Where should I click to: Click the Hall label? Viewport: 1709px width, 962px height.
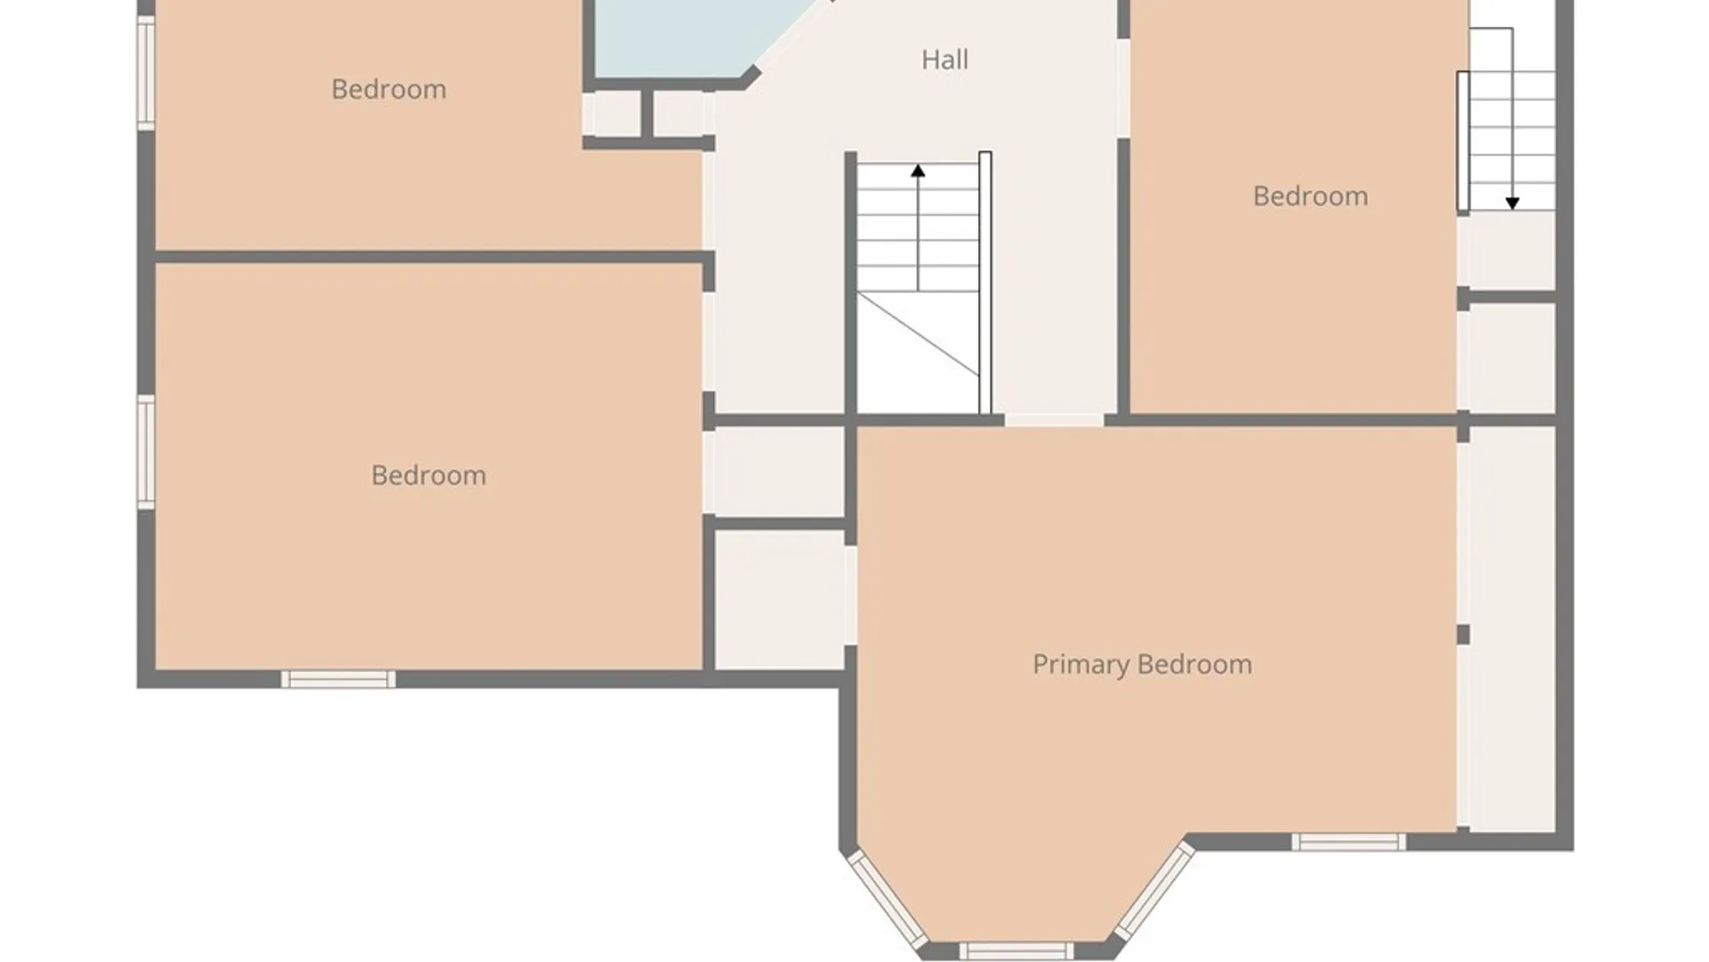[x=944, y=60]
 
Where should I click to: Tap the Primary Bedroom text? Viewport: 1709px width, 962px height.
[x=1142, y=664]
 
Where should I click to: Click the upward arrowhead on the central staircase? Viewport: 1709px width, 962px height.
[x=918, y=170]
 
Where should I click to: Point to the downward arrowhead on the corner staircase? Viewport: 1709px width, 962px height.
[x=1512, y=203]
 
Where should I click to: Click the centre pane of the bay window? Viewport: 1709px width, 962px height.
[x=1016, y=950]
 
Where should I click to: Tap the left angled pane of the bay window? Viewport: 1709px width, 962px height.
[x=887, y=900]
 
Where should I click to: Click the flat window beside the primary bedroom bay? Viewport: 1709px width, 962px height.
[x=1349, y=842]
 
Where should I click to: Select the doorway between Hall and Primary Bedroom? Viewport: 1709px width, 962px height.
[x=1055, y=420]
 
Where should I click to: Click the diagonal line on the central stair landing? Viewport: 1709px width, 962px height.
[x=919, y=334]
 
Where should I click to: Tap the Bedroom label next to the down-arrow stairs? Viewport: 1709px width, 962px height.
[x=1310, y=196]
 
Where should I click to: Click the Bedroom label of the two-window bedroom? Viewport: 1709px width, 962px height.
[x=428, y=476]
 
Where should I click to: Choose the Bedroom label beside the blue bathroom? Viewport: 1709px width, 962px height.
[x=389, y=89]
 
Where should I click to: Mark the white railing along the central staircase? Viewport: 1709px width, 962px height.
[x=985, y=283]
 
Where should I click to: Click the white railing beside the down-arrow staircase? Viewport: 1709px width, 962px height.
[x=1462, y=142]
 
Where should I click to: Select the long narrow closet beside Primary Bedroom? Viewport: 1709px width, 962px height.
[x=1511, y=628]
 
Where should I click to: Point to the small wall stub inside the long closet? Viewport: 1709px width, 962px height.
[x=1463, y=634]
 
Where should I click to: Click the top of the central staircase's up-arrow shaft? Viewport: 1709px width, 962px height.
[x=918, y=165]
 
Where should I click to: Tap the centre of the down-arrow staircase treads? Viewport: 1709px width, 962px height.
[x=1512, y=141]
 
